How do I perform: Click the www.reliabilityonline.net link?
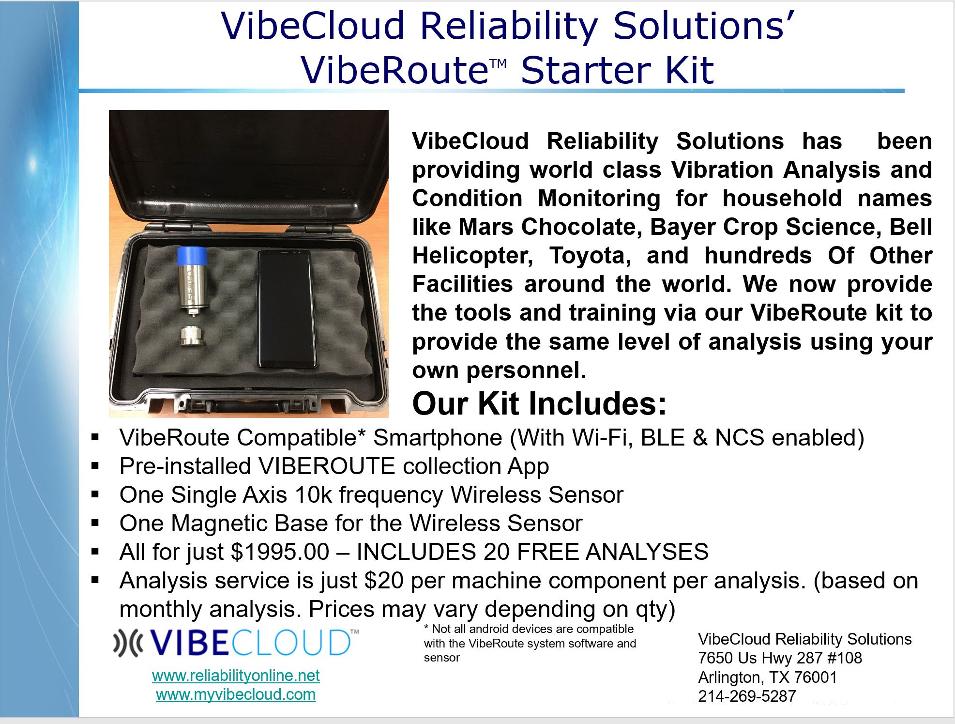[236, 676]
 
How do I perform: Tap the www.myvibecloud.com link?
[236, 694]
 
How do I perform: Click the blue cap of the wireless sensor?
[192, 256]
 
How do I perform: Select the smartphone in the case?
[285, 308]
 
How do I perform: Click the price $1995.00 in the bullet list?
[280, 552]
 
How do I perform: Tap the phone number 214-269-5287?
[747, 696]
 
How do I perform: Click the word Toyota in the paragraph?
[590, 256]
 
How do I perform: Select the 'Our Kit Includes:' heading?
[539, 403]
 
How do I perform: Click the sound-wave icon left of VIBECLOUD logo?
[128, 642]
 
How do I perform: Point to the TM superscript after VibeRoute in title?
[498, 64]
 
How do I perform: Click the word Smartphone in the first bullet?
[438, 438]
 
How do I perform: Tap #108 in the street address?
[842, 658]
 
